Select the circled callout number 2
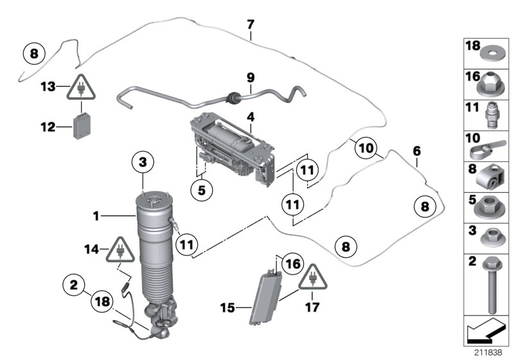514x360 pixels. [x=75, y=283]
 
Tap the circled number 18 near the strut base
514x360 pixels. [x=103, y=300]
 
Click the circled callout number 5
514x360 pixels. [x=201, y=190]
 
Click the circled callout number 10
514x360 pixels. [x=365, y=148]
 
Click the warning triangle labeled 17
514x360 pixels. [x=312, y=277]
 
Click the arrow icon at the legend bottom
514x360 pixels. [x=486, y=333]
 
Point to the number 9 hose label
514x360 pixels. [x=251, y=78]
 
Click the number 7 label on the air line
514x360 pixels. [x=251, y=24]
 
